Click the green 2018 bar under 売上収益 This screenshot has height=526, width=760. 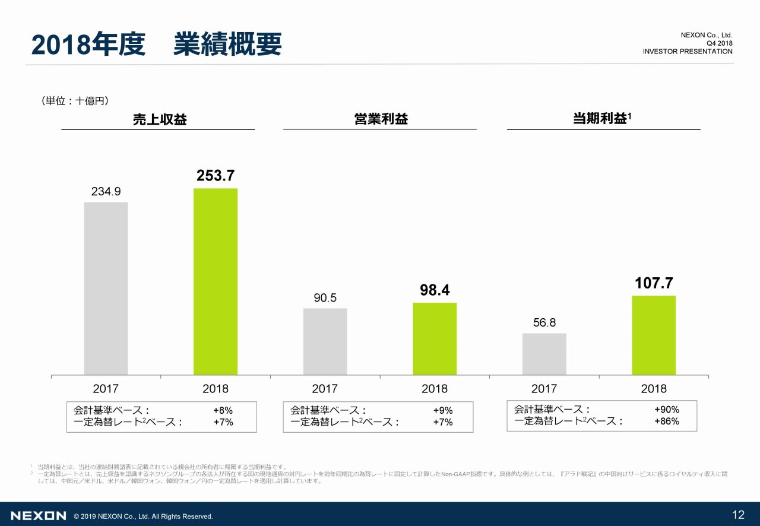[x=216, y=281]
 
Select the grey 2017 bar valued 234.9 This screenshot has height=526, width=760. [x=106, y=289]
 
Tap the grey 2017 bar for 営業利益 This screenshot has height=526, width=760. [x=325, y=341]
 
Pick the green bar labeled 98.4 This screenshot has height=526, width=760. [x=435, y=338]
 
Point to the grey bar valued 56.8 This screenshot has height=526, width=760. [x=544, y=354]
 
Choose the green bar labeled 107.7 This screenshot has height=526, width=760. [x=654, y=335]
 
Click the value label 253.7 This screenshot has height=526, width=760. [x=216, y=176]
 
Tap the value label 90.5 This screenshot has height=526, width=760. [x=325, y=297]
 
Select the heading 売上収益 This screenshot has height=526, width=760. [x=160, y=120]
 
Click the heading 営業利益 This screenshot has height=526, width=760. [x=381, y=119]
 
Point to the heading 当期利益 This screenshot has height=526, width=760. [x=601, y=119]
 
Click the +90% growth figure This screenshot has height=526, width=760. [x=666, y=410]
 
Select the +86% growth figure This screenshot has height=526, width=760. [x=666, y=422]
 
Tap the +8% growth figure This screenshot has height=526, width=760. [x=223, y=410]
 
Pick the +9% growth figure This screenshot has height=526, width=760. [x=443, y=410]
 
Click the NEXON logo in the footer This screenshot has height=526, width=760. [x=39, y=516]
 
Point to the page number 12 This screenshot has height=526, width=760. [x=738, y=515]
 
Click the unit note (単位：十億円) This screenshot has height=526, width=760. [x=75, y=102]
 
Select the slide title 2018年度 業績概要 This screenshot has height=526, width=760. [x=156, y=45]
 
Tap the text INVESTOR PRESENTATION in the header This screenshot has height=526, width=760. [x=688, y=52]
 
